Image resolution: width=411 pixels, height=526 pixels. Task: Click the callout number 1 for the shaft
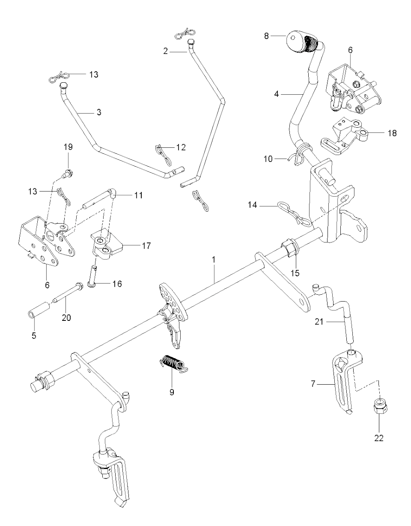(x=214, y=260)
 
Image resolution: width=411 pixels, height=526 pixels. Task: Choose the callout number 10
(x=268, y=159)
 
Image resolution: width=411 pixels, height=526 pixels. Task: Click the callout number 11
(x=138, y=195)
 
